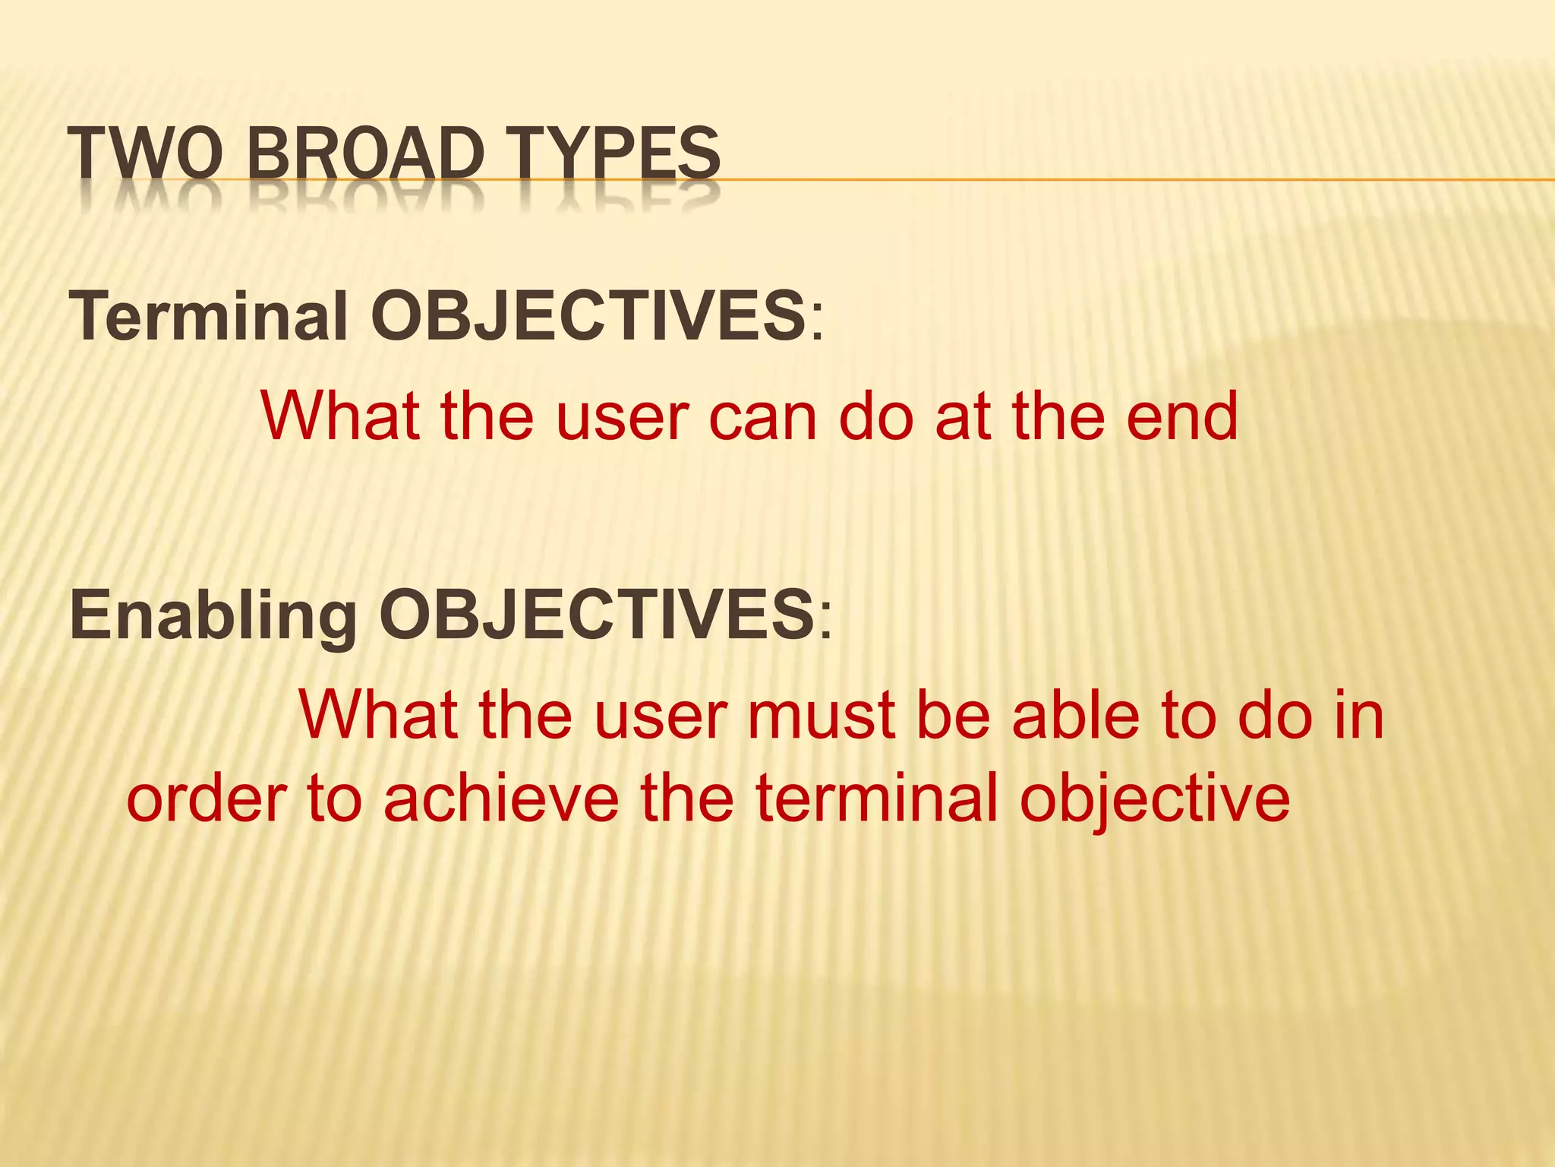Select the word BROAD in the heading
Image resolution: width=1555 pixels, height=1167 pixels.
click(365, 154)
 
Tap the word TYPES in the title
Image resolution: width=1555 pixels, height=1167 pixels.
click(616, 154)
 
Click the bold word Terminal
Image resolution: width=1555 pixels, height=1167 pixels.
click(209, 316)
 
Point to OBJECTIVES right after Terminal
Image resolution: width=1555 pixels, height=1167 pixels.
click(588, 316)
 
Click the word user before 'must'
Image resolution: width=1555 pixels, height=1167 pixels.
click(661, 716)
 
